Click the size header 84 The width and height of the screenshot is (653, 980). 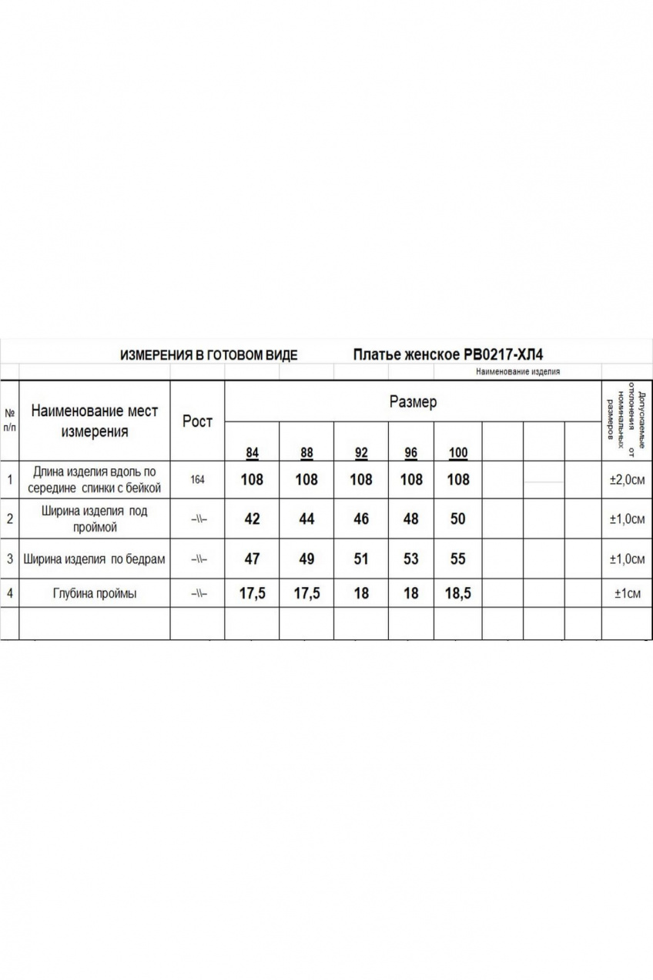(x=252, y=453)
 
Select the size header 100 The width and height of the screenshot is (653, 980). (x=458, y=453)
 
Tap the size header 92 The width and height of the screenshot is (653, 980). (x=361, y=453)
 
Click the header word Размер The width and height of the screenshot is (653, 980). (x=413, y=402)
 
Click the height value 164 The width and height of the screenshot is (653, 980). (x=197, y=480)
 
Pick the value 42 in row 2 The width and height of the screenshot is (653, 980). (x=252, y=519)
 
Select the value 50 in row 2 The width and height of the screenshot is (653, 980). (x=458, y=519)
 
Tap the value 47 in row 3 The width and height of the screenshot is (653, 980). (x=252, y=559)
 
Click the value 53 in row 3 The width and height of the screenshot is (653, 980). (x=411, y=559)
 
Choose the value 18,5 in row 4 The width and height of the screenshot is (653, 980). (x=458, y=594)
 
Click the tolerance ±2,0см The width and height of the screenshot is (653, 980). (x=627, y=480)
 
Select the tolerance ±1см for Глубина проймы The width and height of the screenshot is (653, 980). (x=627, y=594)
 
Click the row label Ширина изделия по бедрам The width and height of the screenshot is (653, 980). (x=94, y=559)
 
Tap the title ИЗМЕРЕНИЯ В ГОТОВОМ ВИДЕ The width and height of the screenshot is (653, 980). (x=209, y=355)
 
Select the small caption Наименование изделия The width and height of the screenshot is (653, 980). (x=517, y=371)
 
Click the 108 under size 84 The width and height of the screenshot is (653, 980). (x=252, y=480)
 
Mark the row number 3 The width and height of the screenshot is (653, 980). (x=9, y=559)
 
